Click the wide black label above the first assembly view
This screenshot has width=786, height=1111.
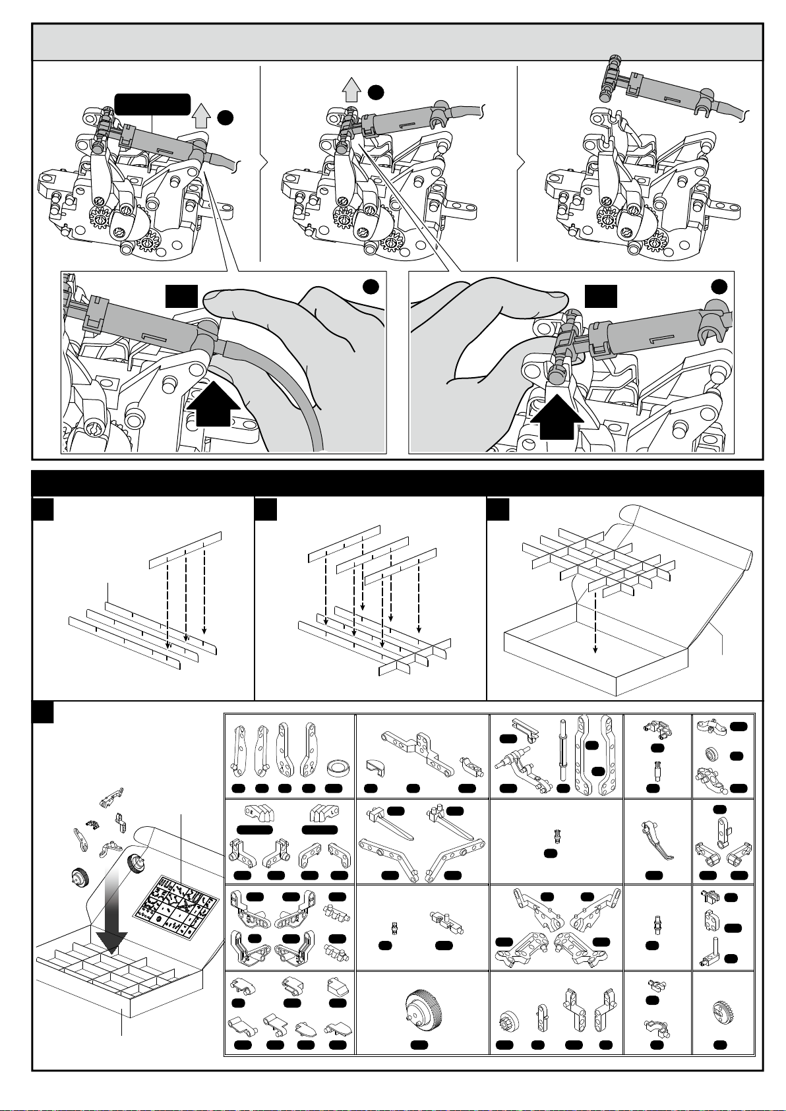pyautogui.click(x=152, y=104)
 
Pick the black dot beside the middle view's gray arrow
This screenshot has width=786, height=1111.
pyautogui.click(x=376, y=92)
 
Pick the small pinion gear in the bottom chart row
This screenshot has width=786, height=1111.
pyautogui.click(x=506, y=1021)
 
